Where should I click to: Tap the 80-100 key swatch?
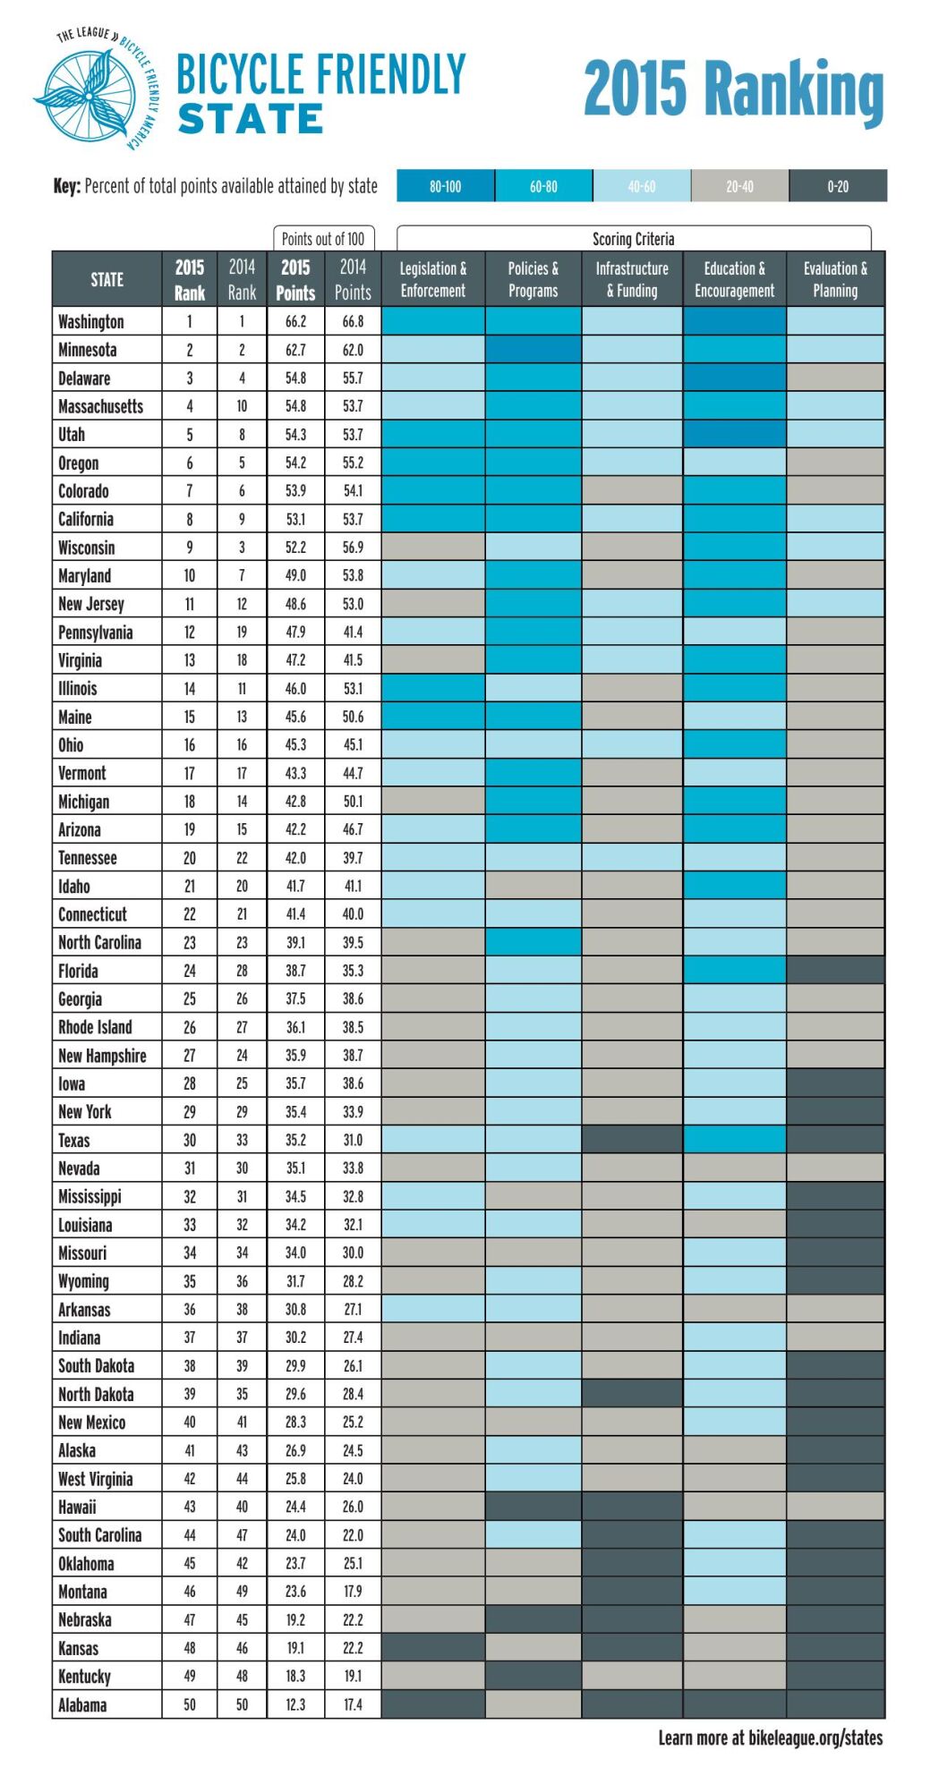(x=446, y=186)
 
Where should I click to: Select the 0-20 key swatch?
(x=838, y=186)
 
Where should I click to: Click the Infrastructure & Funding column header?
(x=632, y=279)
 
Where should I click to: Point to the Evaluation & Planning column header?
(x=835, y=279)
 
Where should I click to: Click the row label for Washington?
(x=91, y=321)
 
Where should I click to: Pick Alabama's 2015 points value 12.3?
(x=295, y=1704)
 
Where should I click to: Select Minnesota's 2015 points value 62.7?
(x=295, y=350)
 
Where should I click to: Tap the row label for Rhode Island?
(x=95, y=1027)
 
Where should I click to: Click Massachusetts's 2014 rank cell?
(x=242, y=406)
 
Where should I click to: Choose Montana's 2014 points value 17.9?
(x=353, y=1592)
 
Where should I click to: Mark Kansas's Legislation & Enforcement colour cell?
(x=433, y=1647)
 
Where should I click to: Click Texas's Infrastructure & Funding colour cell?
(x=632, y=1139)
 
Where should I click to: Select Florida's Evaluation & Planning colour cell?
(x=835, y=970)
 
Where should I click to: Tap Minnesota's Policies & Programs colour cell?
(x=534, y=349)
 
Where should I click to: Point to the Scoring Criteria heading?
(x=633, y=239)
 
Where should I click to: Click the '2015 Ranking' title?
(x=734, y=89)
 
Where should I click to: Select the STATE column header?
(x=107, y=279)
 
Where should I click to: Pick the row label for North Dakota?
(x=96, y=1394)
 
